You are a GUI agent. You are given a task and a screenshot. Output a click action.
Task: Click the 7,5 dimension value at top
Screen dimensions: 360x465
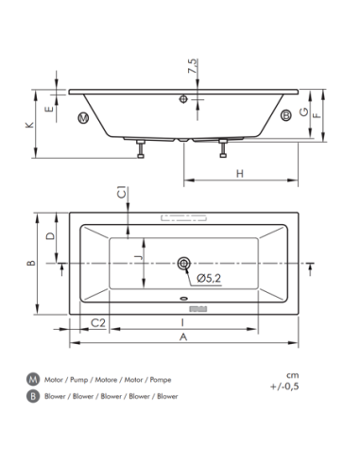click(193, 66)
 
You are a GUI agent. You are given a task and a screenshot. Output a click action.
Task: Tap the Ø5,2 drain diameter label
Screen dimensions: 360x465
click(209, 278)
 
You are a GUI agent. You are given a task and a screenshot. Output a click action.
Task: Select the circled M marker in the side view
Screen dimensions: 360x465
click(83, 118)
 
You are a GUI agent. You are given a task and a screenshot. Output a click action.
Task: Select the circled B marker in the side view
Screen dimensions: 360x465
click(286, 115)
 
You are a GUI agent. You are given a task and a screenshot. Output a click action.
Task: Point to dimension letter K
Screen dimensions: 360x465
click(29, 125)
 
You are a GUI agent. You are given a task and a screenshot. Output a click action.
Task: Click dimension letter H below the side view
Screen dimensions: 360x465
click(240, 173)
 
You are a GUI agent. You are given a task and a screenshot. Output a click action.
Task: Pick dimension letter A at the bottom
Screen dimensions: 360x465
click(183, 336)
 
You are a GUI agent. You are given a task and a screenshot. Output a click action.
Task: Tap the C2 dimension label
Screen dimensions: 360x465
click(98, 322)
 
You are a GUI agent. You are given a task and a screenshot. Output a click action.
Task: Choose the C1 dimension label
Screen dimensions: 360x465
click(122, 193)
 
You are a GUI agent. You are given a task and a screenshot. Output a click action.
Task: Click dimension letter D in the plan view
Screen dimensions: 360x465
click(50, 235)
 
